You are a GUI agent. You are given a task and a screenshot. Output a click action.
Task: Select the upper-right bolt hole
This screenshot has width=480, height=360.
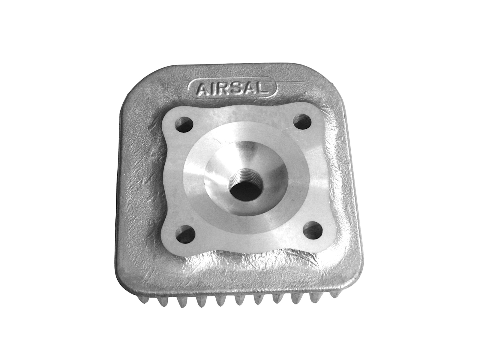[303, 121]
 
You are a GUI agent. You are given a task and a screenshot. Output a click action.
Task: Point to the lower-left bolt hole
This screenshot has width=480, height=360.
[186, 233]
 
